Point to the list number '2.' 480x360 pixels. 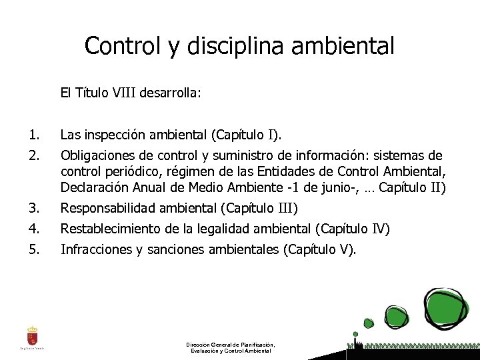(x=35, y=156)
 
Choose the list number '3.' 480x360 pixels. (x=35, y=207)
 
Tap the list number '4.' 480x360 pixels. (x=35, y=229)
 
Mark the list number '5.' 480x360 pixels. (x=35, y=251)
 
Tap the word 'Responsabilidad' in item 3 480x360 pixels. (x=107, y=207)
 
